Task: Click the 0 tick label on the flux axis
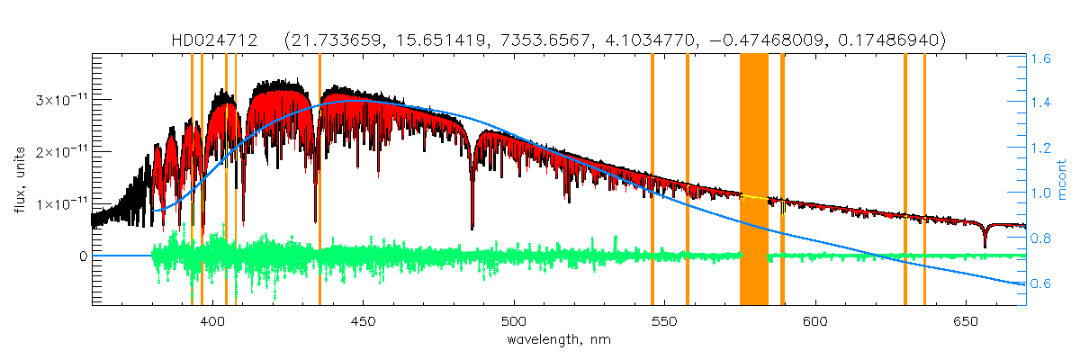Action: point(82,256)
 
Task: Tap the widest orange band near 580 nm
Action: point(754,180)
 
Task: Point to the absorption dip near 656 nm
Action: point(985,245)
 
